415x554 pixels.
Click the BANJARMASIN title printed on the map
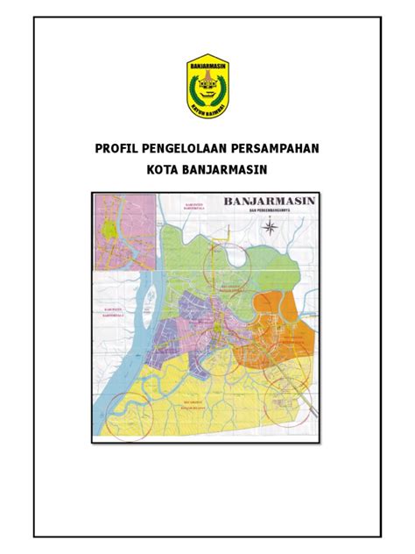click(272, 203)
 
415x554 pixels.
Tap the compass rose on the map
click(274, 230)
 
